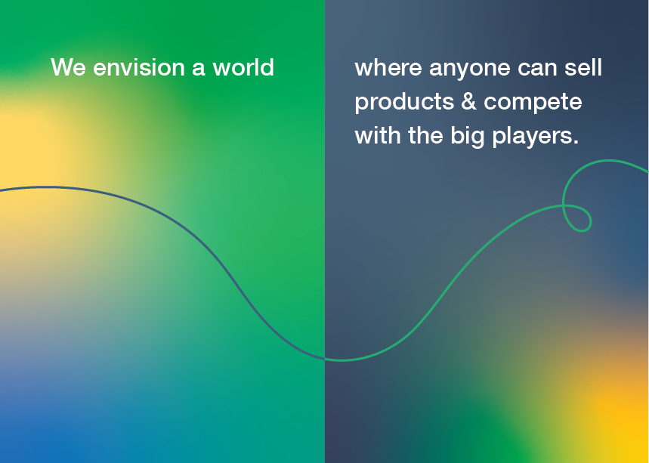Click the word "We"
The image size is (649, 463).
[x=68, y=67]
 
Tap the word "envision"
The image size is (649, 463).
[x=139, y=67]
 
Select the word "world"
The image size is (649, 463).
[x=243, y=67]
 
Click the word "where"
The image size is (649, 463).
[x=388, y=67]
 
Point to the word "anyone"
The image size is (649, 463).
[x=469, y=69]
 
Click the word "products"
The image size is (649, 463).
[x=404, y=103]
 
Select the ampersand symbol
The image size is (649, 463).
[x=468, y=101]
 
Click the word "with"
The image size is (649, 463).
[x=378, y=135]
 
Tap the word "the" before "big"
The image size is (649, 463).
[x=425, y=135]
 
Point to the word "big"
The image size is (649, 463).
[x=468, y=137]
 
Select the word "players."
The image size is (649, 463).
[x=535, y=137]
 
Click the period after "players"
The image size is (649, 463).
[x=576, y=141]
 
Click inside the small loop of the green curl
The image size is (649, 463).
[x=577, y=217]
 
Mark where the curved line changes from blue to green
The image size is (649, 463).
[x=325, y=359]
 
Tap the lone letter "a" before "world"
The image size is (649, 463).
[x=198, y=69]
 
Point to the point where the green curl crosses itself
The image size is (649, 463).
[x=564, y=205]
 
